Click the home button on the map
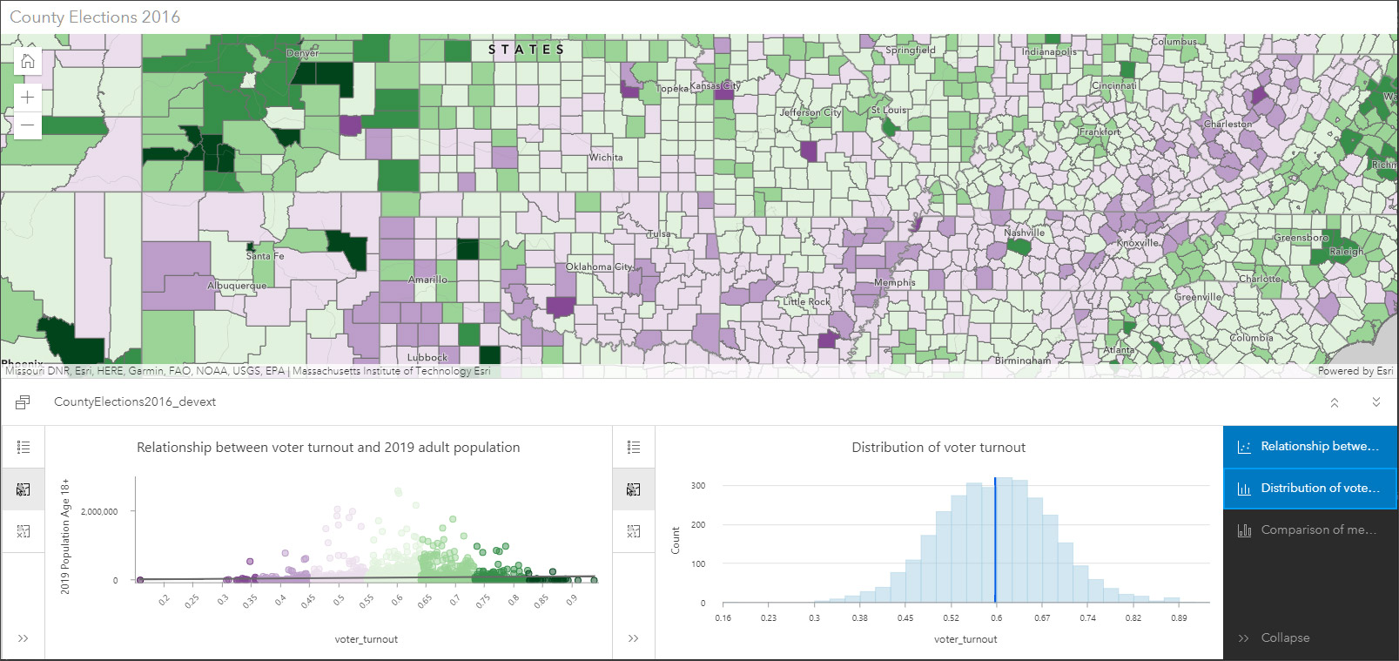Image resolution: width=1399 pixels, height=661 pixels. click(x=28, y=61)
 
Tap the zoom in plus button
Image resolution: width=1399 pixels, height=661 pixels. click(x=28, y=97)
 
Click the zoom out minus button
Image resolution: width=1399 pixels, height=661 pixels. click(x=28, y=125)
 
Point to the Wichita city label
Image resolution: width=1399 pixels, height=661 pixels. click(x=606, y=158)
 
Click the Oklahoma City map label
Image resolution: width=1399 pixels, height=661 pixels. click(x=599, y=266)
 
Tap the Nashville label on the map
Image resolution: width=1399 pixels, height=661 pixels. click(x=1024, y=233)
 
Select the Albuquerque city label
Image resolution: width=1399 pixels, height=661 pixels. click(x=237, y=286)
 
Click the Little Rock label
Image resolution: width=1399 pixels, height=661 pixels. click(x=806, y=301)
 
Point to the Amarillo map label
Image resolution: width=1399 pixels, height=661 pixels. click(x=428, y=280)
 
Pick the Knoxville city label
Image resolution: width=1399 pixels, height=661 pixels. click(x=1138, y=243)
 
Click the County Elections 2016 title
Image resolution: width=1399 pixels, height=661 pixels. click(x=95, y=17)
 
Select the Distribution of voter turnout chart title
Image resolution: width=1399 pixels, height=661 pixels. click(x=938, y=448)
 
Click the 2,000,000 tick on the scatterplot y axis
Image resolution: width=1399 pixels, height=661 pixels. click(x=99, y=511)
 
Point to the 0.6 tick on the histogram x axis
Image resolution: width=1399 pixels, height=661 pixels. click(x=996, y=618)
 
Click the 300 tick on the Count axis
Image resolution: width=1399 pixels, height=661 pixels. click(x=698, y=486)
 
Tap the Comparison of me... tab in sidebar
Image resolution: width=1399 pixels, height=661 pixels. click(x=1310, y=529)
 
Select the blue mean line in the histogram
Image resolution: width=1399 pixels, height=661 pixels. click(x=995, y=540)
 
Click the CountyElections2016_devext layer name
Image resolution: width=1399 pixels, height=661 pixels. click(x=135, y=401)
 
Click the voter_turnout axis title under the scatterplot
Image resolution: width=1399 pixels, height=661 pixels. click(x=366, y=639)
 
